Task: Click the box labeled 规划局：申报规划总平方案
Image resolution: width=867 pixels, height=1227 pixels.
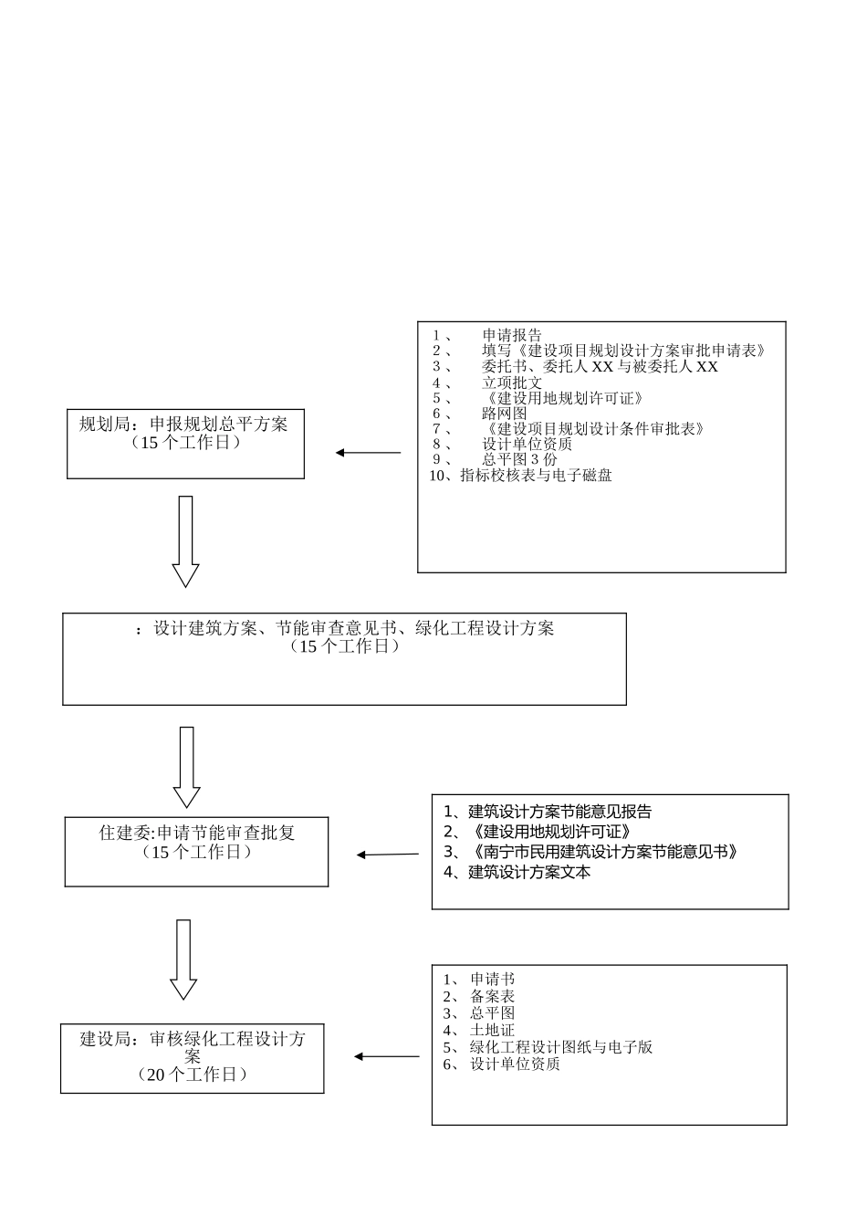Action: pos(185,444)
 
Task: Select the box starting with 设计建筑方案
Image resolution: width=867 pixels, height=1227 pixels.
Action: pos(344,658)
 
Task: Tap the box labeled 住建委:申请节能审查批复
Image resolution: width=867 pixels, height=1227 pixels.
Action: pos(196,851)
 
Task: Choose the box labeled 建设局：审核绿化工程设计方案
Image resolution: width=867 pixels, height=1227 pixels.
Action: pos(192,1058)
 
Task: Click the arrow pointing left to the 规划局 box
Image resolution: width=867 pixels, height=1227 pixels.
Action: pos(368,453)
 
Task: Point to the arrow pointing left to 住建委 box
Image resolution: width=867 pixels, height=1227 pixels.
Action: pos(388,855)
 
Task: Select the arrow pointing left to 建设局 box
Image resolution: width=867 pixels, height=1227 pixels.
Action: pos(386,1056)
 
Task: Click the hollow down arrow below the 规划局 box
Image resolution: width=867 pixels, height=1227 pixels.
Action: pos(185,541)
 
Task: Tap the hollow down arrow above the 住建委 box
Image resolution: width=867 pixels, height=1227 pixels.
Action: pos(186,767)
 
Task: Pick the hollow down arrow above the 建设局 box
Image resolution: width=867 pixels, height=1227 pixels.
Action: pos(183,959)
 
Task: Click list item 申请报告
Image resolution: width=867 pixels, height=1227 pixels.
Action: pos(511,335)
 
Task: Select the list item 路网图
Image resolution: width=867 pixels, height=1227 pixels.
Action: pos(504,414)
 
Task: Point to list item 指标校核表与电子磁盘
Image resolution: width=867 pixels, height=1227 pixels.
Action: pos(536,476)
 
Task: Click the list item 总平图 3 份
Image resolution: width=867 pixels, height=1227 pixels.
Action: pos(518,459)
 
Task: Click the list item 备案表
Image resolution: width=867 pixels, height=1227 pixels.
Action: pos(492,996)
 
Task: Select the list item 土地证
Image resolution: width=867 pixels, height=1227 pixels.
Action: pos(492,1030)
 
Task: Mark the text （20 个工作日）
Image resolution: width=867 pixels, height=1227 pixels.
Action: pos(192,1075)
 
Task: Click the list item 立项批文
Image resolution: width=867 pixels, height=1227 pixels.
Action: pos(511,383)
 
